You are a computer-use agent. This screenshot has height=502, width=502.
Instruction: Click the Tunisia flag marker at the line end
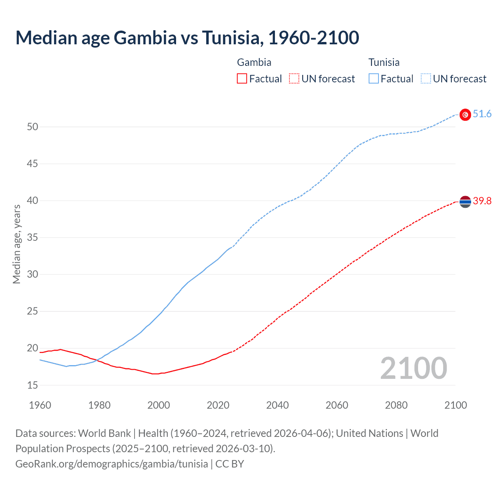(x=465, y=115)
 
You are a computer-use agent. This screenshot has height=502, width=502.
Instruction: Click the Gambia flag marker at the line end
(x=465, y=202)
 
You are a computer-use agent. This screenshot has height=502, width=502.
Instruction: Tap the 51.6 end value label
(x=482, y=114)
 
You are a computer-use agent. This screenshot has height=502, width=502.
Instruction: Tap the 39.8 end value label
(x=482, y=201)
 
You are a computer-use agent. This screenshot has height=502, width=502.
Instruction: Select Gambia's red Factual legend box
(x=242, y=79)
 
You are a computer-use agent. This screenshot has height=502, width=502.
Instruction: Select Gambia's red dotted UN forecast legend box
(x=294, y=79)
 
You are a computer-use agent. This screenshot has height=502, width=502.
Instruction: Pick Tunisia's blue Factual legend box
(x=373, y=79)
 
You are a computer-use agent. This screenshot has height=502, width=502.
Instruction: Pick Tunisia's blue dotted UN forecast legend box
(x=426, y=79)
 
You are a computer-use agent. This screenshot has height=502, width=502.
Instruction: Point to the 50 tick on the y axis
(x=33, y=127)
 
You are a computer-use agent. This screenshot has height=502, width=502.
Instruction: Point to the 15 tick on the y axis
(x=33, y=386)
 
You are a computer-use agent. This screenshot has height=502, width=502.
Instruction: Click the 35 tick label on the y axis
(x=33, y=238)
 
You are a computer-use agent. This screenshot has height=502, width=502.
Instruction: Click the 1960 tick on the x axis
(x=40, y=405)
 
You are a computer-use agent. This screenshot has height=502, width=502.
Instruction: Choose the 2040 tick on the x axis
(x=277, y=405)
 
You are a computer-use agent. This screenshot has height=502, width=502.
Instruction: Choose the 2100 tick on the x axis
(x=455, y=405)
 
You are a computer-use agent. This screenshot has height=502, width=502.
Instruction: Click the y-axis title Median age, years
(x=16, y=244)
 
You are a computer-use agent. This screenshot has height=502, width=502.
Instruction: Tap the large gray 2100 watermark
(x=413, y=368)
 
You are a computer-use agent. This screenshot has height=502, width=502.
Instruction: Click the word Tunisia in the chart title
(x=231, y=38)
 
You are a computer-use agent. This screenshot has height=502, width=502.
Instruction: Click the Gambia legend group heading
(x=254, y=62)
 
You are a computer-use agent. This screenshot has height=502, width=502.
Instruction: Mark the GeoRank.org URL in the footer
(x=111, y=464)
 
